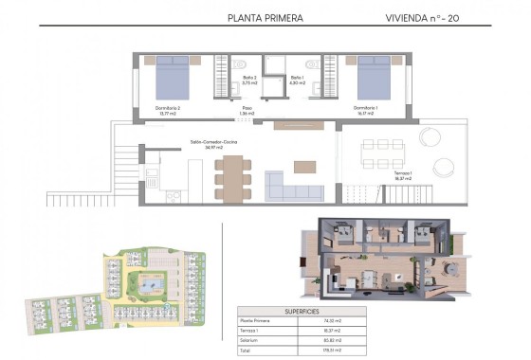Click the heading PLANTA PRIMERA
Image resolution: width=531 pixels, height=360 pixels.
266,17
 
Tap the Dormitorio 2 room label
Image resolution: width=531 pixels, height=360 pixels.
168,109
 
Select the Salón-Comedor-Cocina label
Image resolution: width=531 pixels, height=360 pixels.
213,145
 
